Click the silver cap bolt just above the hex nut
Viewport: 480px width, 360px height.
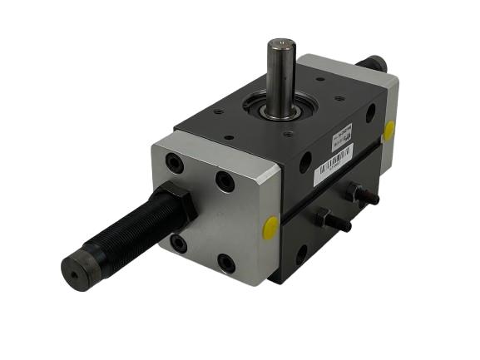coord(174,164)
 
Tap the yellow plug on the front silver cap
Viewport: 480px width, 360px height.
coord(271,225)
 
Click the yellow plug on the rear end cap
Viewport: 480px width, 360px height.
coord(389,131)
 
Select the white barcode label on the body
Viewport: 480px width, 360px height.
coord(333,165)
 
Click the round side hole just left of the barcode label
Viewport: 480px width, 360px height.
coord(305,162)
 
